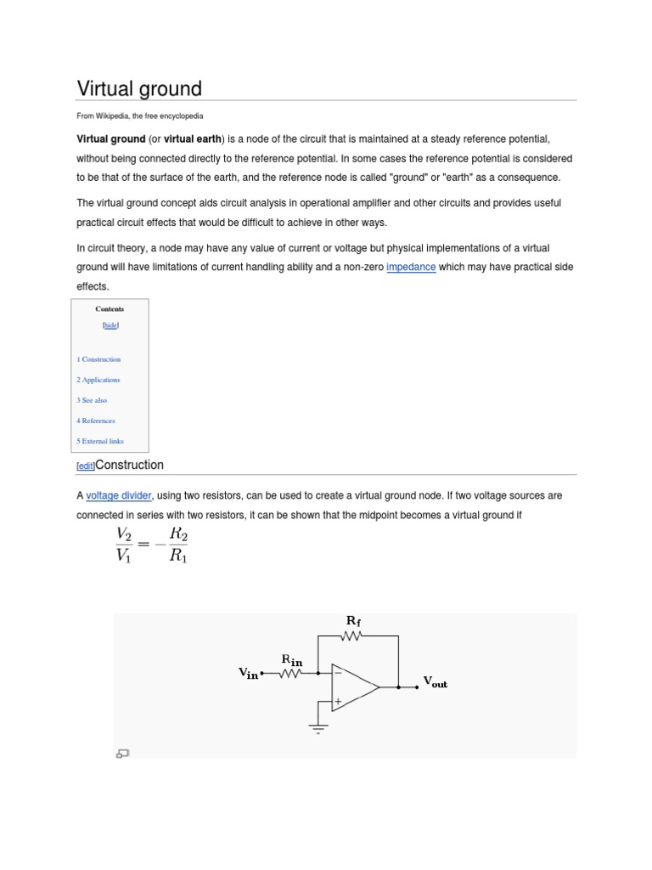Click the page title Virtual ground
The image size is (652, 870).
click(139, 88)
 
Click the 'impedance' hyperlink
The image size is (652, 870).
click(411, 267)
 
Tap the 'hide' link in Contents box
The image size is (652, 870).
click(110, 325)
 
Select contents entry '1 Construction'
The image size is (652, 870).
click(98, 359)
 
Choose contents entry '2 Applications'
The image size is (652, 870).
click(98, 380)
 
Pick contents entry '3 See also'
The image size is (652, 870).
click(92, 400)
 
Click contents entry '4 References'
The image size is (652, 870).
click(96, 421)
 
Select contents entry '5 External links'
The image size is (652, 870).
click(100, 441)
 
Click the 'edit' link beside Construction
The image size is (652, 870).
click(86, 466)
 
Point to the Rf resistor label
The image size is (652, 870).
click(353, 621)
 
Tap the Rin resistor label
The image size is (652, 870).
click(291, 659)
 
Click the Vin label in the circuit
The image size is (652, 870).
click(248, 674)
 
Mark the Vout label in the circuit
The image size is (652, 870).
click(435, 683)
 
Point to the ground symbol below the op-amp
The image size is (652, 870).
click(319, 727)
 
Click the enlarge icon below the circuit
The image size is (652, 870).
click(122, 752)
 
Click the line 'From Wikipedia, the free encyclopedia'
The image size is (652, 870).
click(140, 116)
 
